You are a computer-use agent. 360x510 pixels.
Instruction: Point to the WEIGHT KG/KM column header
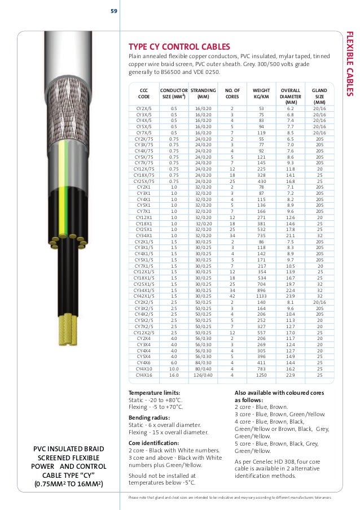coord(261,93)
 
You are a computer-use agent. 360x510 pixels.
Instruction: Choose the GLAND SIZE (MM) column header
coord(319,96)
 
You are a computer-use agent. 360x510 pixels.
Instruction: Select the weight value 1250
coord(261,374)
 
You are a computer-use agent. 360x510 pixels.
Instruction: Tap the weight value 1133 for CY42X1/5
coord(261,296)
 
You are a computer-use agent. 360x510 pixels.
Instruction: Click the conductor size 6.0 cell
coord(174,363)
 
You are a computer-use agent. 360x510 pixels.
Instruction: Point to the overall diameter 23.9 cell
coord(290,296)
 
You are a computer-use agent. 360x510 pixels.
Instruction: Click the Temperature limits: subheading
coord(155,393)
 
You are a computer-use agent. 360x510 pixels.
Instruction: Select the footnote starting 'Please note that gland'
coord(230,498)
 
